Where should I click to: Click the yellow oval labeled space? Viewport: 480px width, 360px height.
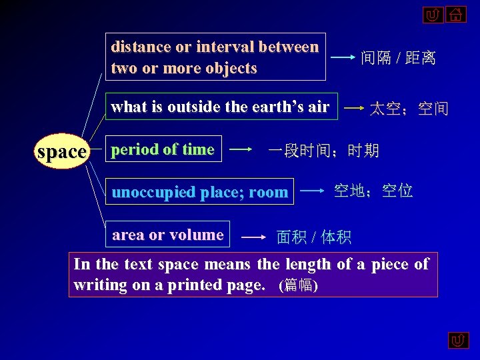point(62,152)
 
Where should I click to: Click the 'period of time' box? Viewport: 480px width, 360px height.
point(163,150)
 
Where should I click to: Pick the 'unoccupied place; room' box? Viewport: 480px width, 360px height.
point(200,193)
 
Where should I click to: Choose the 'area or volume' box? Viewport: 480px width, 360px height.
point(167,235)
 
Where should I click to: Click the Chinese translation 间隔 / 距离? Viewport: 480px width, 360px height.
point(398,59)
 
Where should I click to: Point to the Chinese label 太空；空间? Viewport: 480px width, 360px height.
point(409,108)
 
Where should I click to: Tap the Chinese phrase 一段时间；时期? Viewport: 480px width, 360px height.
point(323,151)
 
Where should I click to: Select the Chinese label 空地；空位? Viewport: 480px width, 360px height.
point(373,192)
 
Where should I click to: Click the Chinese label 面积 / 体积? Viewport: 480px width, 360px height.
point(314,237)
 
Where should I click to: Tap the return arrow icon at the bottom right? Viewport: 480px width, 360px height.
point(458,341)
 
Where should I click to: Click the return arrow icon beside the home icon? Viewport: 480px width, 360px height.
point(433,15)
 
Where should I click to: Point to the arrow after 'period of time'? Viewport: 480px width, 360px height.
point(241,151)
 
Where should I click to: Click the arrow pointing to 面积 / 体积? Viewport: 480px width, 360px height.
point(253,237)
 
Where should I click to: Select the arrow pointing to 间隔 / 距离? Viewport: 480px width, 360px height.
point(343,58)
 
